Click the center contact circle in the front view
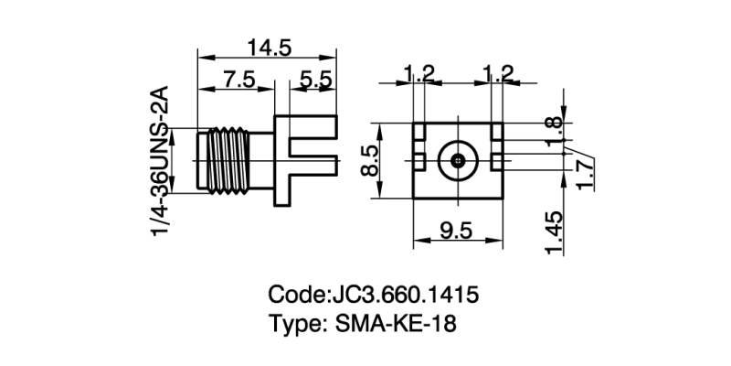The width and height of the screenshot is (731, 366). click(x=457, y=161)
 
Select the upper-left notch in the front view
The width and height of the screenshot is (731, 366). click(x=418, y=134)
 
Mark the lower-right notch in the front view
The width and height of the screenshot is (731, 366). click(x=496, y=160)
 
